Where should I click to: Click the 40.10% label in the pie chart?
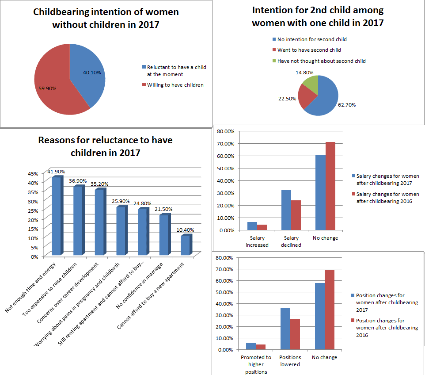point(92,72)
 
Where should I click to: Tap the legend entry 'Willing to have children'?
point(175,84)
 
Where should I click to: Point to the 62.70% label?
point(347,105)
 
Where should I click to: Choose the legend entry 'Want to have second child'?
point(309,50)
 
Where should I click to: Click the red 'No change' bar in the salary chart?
point(330,186)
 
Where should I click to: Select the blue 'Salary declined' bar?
point(286,210)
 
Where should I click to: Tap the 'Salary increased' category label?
point(257,241)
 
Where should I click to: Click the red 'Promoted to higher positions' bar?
point(261,347)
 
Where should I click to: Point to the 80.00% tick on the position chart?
point(226,257)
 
